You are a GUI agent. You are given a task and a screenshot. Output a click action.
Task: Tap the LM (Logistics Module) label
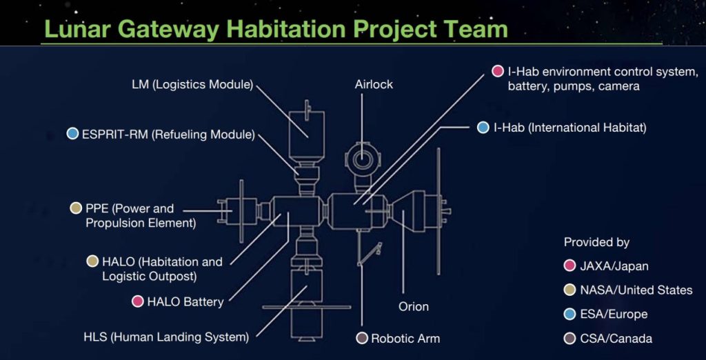[x=193, y=85]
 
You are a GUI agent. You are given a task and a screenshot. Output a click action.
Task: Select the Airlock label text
[x=374, y=84]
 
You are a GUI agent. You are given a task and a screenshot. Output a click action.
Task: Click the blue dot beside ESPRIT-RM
[x=72, y=134]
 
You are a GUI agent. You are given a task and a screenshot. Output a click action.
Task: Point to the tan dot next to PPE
[x=76, y=208]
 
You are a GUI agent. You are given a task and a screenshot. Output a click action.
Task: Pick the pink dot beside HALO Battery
[x=137, y=301]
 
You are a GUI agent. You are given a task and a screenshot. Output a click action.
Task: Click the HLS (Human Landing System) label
[x=166, y=337]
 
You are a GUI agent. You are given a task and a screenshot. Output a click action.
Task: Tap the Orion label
[x=414, y=307]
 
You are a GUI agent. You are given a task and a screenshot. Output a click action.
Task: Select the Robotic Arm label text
[x=405, y=339]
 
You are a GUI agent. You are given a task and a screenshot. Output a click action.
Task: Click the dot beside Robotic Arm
[x=362, y=338]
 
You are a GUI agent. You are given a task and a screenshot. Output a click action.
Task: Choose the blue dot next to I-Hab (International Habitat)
[x=483, y=128]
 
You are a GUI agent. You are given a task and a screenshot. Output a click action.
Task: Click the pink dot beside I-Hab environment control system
[x=498, y=71]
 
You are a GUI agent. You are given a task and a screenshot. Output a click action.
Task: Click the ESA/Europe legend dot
[x=569, y=314]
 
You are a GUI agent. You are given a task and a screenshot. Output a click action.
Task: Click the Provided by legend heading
[x=596, y=242]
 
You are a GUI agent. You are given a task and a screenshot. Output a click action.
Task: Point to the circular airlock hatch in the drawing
[x=361, y=159]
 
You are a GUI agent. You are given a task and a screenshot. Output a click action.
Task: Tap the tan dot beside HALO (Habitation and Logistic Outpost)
[x=92, y=261]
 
